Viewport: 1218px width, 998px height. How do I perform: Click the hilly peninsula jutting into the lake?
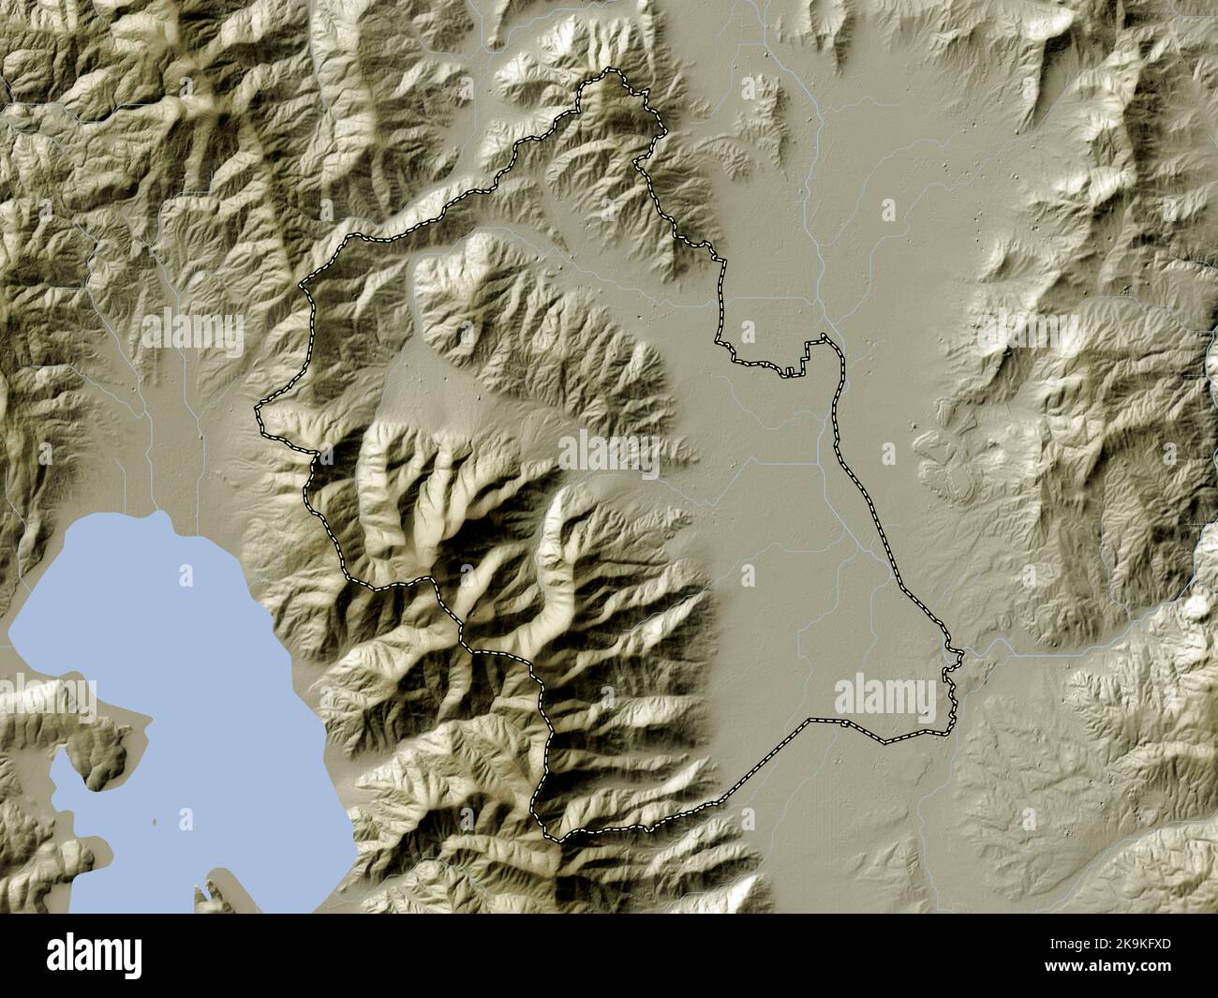pos(98,740)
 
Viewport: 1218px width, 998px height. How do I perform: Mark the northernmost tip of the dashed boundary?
pos(611,72)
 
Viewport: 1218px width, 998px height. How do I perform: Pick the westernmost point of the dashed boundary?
pos(259,409)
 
